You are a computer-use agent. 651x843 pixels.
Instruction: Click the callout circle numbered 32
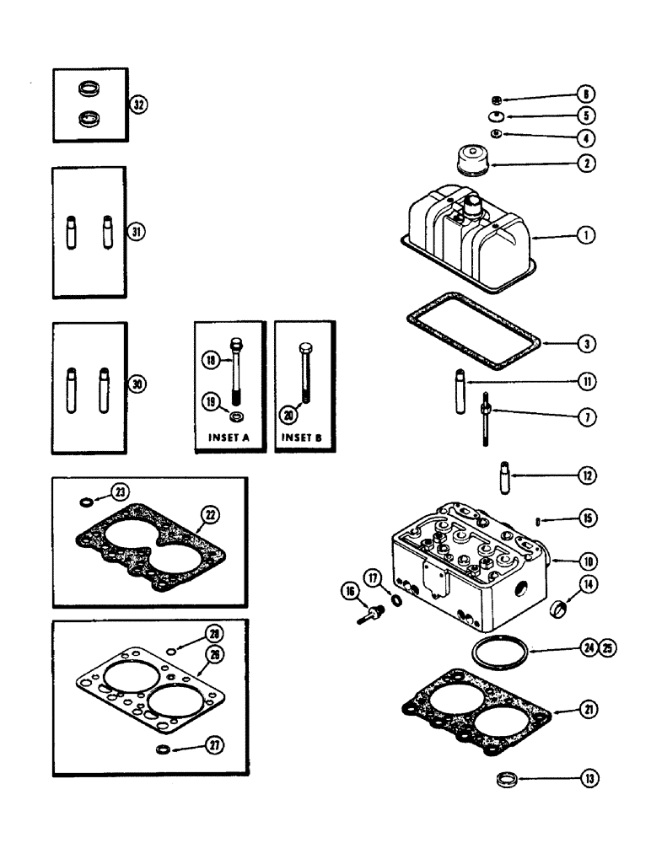pyautogui.click(x=138, y=105)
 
